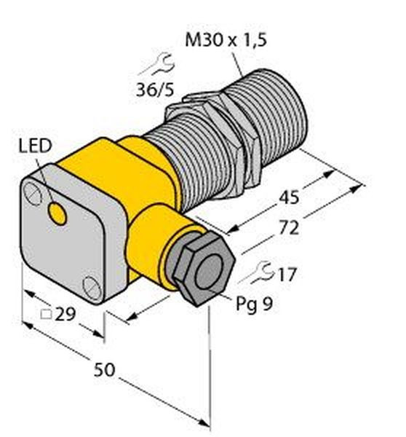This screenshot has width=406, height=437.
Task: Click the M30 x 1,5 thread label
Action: pyautogui.click(x=226, y=39)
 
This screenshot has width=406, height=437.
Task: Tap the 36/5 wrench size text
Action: pyautogui.click(x=155, y=90)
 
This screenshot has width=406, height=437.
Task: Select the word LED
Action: pyautogui.click(x=36, y=146)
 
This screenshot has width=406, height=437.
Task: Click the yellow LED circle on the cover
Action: pyautogui.click(x=57, y=213)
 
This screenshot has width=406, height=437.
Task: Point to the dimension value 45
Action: pyautogui.click(x=289, y=197)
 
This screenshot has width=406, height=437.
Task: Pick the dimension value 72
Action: pyautogui.click(x=289, y=228)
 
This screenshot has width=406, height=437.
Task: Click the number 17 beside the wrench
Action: pyautogui.click(x=287, y=274)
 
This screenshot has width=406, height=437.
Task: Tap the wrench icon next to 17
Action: pyautogui.click(x=257, y=272)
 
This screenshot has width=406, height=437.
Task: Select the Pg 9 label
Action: pyautogui.click(x=254, y=304)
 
